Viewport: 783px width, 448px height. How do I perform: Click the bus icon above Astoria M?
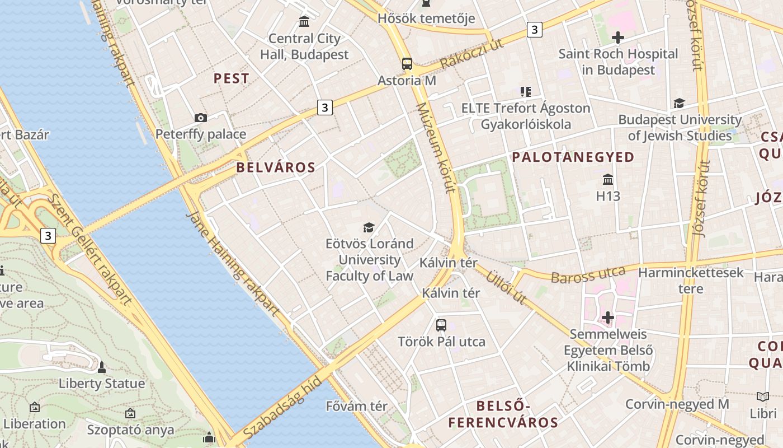click(x=407, y=63)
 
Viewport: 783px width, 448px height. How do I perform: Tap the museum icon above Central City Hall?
click(x=304, y=22)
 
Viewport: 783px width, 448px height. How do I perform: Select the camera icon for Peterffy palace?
click(x=201, y=118)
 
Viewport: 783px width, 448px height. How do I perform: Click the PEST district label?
click(x=232, y=78)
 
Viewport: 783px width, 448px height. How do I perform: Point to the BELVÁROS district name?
click(x=276, y=167)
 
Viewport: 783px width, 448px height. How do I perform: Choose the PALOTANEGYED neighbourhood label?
click(x=573, y=157)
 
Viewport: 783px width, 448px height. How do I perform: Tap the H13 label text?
click(x=608, y=196)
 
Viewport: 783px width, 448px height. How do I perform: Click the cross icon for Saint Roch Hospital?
click(x=618, y=38)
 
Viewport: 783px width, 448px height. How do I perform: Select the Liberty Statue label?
click(x=102, y=384)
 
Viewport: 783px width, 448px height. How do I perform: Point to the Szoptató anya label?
click(x=130, y=430)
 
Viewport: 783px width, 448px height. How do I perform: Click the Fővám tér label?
click(x=357, y=406)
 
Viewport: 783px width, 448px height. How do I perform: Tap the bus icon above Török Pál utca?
click(x=441, y=325)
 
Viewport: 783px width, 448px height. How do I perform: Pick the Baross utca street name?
click(x=588, y=274)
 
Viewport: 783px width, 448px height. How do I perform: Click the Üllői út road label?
click(x=506, y=287)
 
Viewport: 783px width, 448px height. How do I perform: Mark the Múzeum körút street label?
click(x=436, y=147)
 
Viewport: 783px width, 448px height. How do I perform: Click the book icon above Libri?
click(x=763, y=396)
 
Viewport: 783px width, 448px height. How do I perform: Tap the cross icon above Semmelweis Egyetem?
click(x=608, y=318)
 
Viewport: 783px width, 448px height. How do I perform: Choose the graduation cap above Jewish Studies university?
click(x=679, y=103)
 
